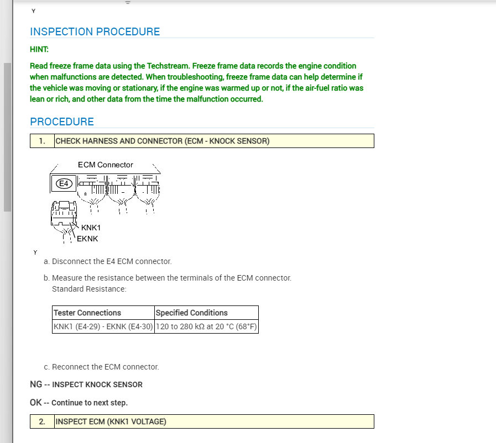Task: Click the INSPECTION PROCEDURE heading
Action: click(x=95, y=31)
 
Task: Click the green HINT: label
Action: click(x=39, y=49)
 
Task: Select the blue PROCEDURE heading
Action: click(x=62, y=122)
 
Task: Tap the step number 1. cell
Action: click(x=42, y=141)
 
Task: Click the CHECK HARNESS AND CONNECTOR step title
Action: click(x=163, y=141)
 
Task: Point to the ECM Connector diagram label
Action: click(x=105, y=165)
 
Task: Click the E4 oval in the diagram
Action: click(x=65, y=183)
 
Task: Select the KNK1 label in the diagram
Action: click(x=91, y=228)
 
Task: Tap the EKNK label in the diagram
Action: click(x=87, y=239)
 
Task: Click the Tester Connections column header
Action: click(x=87, y=313)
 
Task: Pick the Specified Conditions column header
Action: click(x=191, y=313)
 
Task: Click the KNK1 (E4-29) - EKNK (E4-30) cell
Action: click(x=103, y=326)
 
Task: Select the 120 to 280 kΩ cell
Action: click(x=206, y=326)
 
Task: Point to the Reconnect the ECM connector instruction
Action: click(x=105, y=367)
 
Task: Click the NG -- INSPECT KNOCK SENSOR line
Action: click(x=86, y=384)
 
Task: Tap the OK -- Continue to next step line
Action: click(x=79, y=403)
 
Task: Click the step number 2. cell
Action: click(x=42, y=421)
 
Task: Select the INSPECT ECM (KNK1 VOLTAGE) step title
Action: click(x=111, y=421)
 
